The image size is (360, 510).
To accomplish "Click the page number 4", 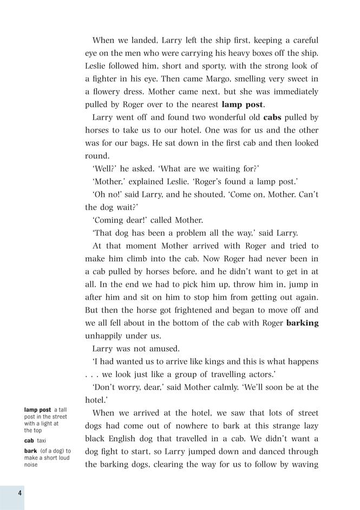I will coord(19,493).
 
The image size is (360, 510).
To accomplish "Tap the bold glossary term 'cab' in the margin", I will coord(29,441).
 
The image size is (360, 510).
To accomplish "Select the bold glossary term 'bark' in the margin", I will coord(30,451).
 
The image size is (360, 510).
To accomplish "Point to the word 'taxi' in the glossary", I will coord(42,441).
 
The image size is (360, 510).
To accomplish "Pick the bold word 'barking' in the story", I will coord(302,323).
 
